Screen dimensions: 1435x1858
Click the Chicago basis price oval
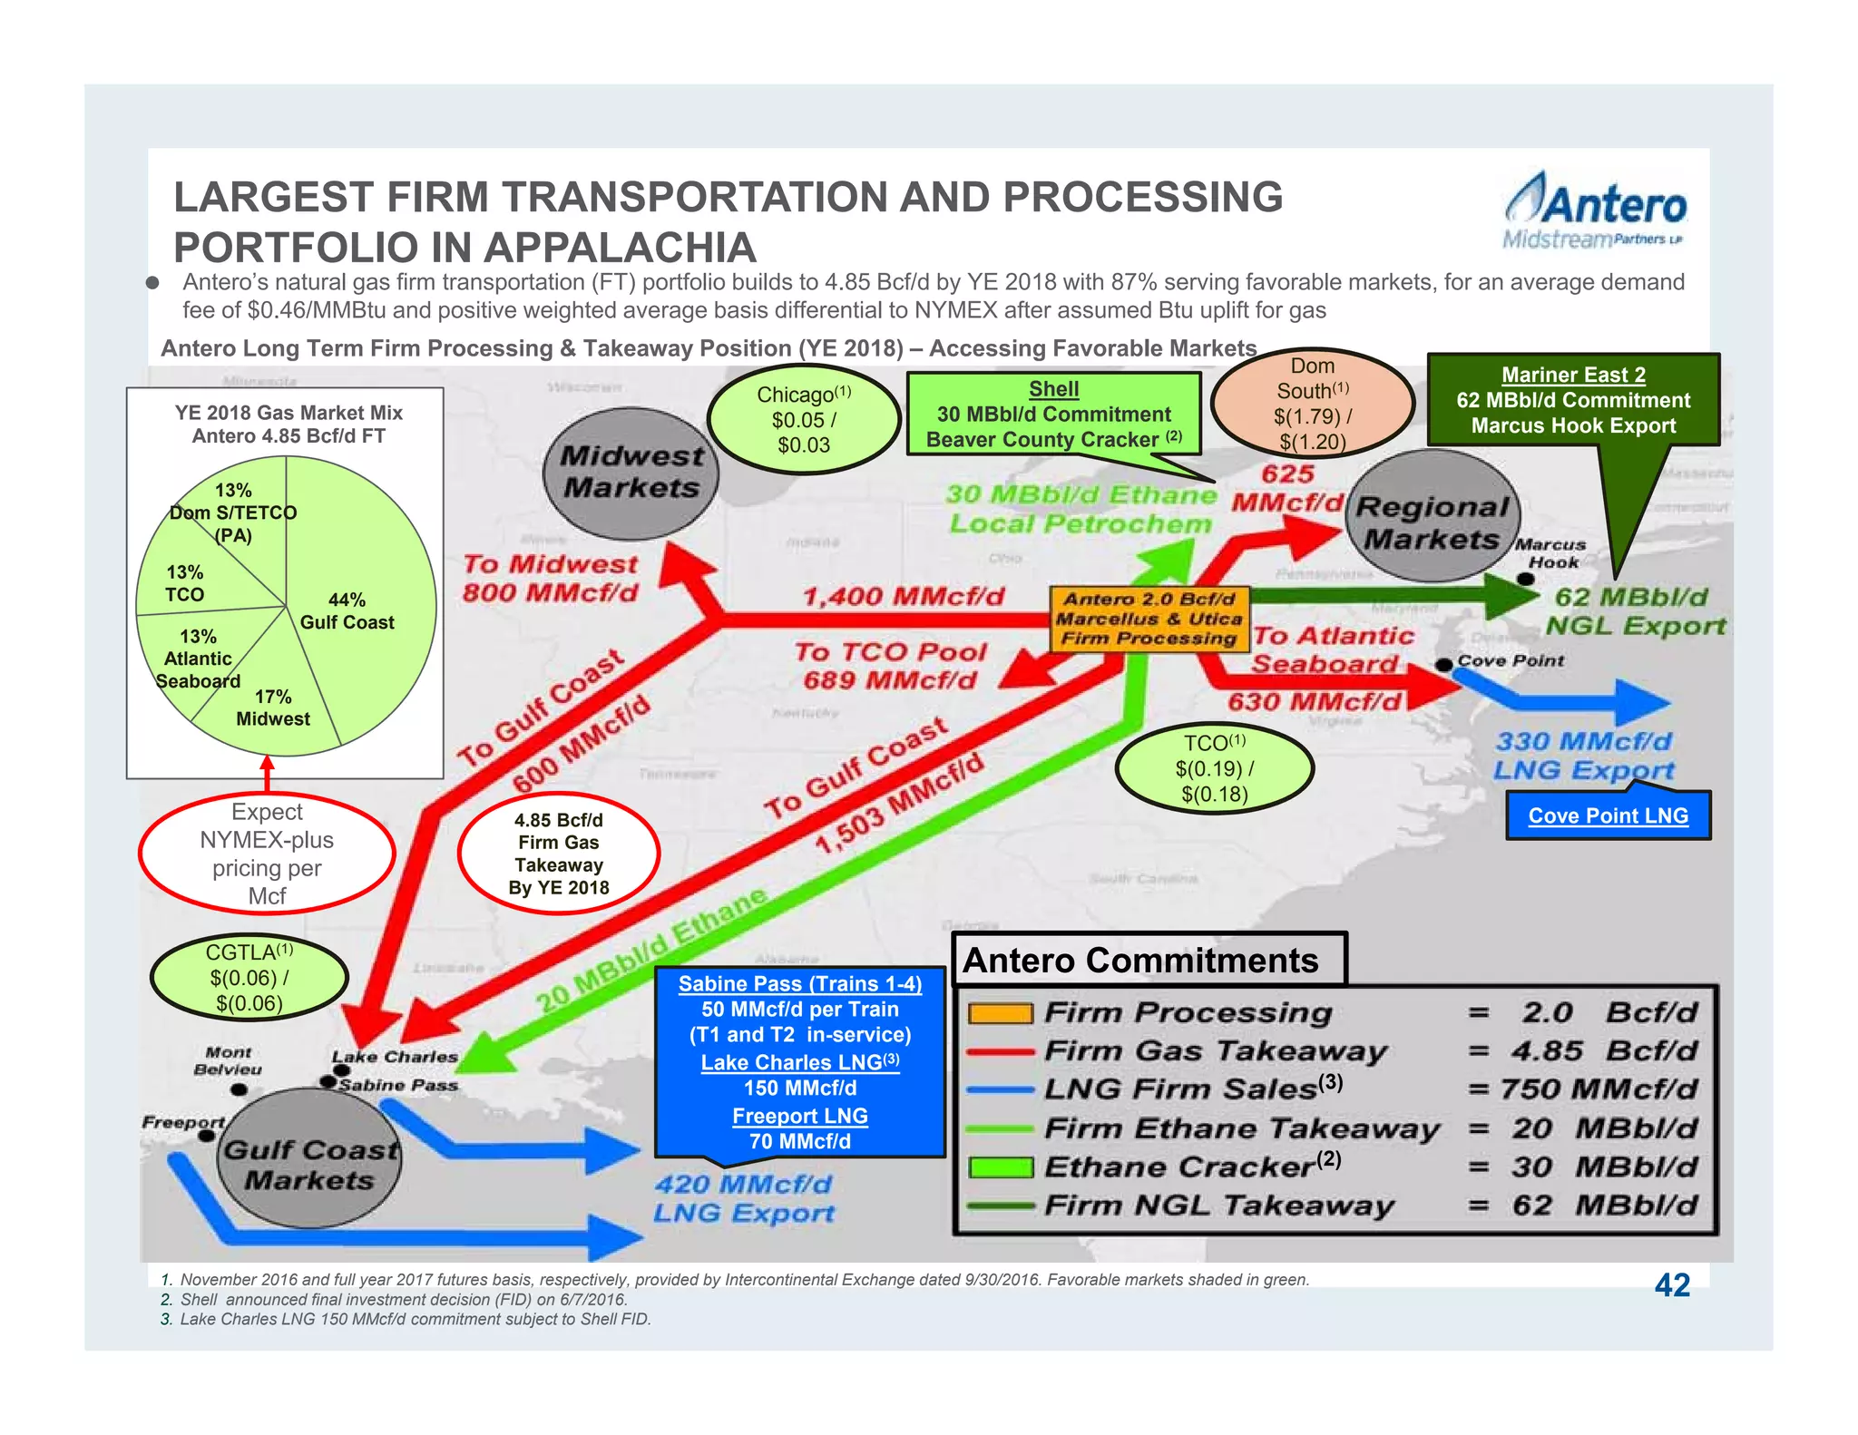[803, 419]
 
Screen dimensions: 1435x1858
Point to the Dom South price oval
[1312, 404]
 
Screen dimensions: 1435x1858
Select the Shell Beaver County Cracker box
[1053, 415]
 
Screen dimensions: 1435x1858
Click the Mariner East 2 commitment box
[1572, 400]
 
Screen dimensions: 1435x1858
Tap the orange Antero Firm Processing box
[1149, 619]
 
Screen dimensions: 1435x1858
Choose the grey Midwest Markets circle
[631, 472]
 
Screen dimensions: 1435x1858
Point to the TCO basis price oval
[1214, 768]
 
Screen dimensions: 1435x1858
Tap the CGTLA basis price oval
[249, 977]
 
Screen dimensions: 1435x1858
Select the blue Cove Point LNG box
[1608, 815]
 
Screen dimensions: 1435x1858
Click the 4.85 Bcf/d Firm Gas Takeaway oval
[558, 854]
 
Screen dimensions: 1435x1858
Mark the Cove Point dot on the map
[1443, 665]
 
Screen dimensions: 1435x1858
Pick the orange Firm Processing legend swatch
[1000, 1013]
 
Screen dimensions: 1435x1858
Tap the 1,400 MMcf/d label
[904, 596]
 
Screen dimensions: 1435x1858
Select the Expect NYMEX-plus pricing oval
[267, 854]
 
